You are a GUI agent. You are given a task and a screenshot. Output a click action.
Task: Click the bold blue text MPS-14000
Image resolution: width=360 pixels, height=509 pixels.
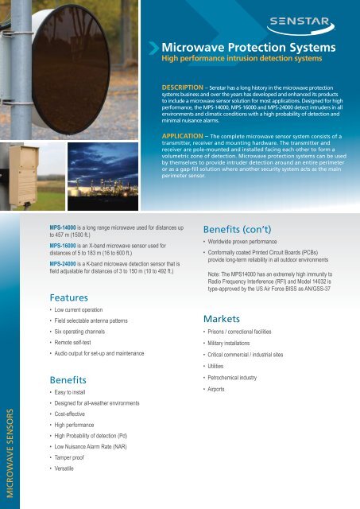[x=66, y=227]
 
